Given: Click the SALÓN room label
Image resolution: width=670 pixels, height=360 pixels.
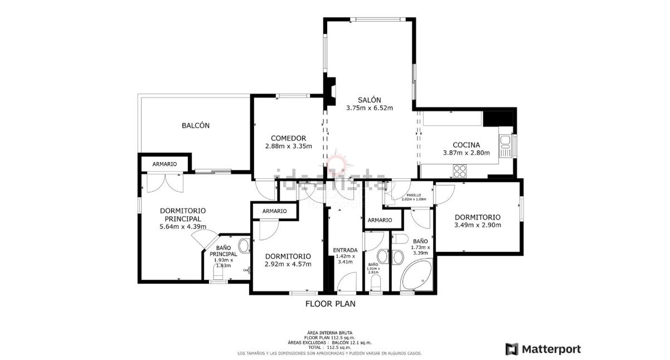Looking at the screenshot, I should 369,99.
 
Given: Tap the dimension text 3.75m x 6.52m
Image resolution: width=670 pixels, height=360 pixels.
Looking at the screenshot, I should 369,108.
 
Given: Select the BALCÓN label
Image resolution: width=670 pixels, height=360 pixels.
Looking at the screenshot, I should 196,125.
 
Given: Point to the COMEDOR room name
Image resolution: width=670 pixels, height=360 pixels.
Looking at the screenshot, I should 288,138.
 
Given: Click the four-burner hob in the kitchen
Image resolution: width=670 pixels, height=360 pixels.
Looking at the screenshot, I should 460,171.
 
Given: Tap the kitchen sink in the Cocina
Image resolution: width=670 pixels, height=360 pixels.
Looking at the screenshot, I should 506,146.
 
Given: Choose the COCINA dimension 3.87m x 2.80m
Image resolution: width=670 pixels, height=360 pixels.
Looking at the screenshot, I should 466,153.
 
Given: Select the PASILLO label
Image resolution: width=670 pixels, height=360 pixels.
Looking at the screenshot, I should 414,195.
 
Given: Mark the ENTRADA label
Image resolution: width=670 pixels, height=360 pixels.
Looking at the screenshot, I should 345,250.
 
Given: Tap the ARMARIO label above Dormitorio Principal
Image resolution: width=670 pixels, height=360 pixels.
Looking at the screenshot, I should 164,164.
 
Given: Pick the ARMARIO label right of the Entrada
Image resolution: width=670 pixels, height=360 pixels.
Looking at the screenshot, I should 380,220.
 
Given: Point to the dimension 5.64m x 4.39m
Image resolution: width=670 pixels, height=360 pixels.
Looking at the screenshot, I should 182,227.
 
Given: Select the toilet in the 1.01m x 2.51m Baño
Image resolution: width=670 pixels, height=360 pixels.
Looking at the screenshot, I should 376,282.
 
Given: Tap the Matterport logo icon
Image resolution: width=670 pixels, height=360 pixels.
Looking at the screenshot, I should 512,349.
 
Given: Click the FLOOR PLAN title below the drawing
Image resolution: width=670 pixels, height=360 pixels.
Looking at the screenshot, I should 330,304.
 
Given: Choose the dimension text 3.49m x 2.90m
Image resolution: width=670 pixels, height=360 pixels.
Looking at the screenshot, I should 477,225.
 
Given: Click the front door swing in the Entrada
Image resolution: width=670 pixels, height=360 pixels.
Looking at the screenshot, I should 347,282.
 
